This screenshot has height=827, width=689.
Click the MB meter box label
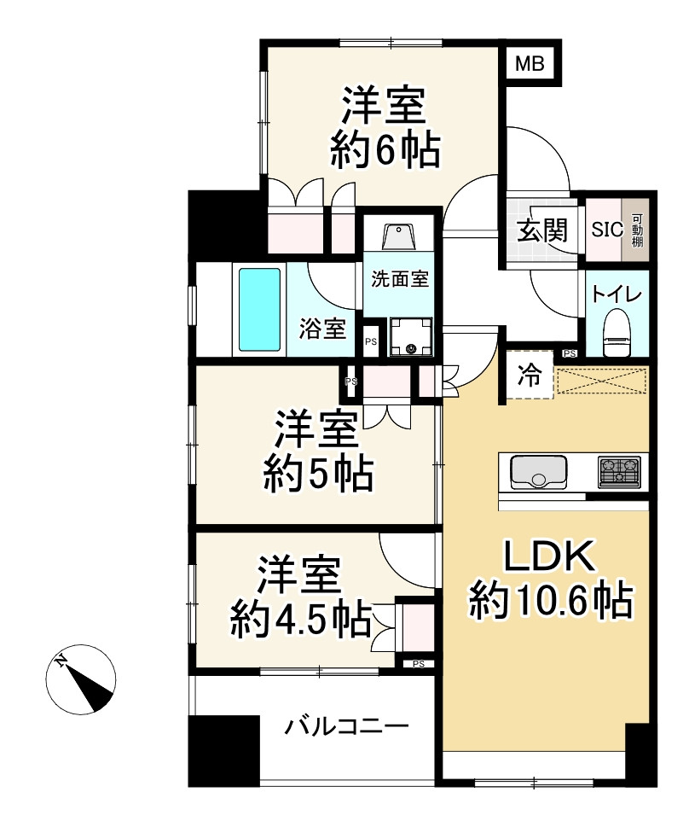(533, 63)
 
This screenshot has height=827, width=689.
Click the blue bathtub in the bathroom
(259, 309)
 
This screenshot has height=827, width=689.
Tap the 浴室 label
(323, 328)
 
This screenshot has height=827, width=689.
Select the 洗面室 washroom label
(398, 277)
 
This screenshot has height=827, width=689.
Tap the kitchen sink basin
(538, 470)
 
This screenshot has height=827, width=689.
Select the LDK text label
(547, 559)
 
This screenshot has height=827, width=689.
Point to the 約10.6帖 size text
(550, 603)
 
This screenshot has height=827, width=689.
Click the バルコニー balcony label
(347, 727)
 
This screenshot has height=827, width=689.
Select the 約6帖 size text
(385, 151)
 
